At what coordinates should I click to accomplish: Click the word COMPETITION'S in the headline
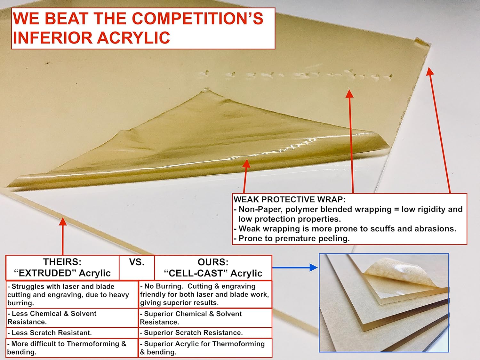(x=197, y=18)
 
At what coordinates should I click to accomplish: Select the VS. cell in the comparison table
(x=137, y=268)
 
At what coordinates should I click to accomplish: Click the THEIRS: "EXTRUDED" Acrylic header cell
(x=62, y=268)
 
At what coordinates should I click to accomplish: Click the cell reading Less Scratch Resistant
(x=72, y=333)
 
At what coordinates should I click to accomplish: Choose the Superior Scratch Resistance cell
(x=205, y=333)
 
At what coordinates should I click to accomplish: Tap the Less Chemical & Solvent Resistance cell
(x=72, y=318)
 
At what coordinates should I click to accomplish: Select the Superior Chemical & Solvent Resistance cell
(x=205, y=318)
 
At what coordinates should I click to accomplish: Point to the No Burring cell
(x=205, y=294)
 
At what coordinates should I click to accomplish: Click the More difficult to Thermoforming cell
(x=72, y=348)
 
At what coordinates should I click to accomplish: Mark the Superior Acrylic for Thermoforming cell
(x=205, y=348)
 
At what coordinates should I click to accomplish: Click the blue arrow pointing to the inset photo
(x=295, y=267)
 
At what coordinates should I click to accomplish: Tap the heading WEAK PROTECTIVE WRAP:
(x=290, y=199)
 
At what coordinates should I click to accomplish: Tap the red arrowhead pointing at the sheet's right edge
(x=430, y=71)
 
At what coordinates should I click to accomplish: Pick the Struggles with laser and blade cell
(x=72, y=294)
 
